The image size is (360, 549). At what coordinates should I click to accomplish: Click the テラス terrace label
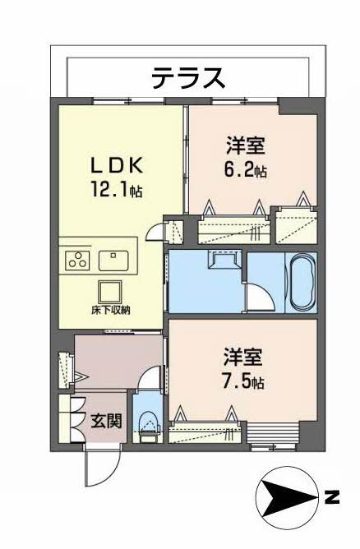pos(187,78)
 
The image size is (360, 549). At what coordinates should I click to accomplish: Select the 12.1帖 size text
pos(118,191)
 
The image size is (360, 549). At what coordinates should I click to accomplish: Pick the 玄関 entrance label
pos(106,422)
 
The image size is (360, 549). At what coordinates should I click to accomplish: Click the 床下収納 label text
pos(108,311)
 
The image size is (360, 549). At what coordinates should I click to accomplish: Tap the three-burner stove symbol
pos(77,261)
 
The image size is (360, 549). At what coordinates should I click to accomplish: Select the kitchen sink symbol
pos(113,261)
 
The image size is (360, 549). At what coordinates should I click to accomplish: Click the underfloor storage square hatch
pos(108,290)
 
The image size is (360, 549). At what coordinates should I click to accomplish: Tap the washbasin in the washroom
pos(224,261)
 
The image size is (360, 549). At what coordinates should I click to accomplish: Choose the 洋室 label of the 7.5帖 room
pos(244,358)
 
